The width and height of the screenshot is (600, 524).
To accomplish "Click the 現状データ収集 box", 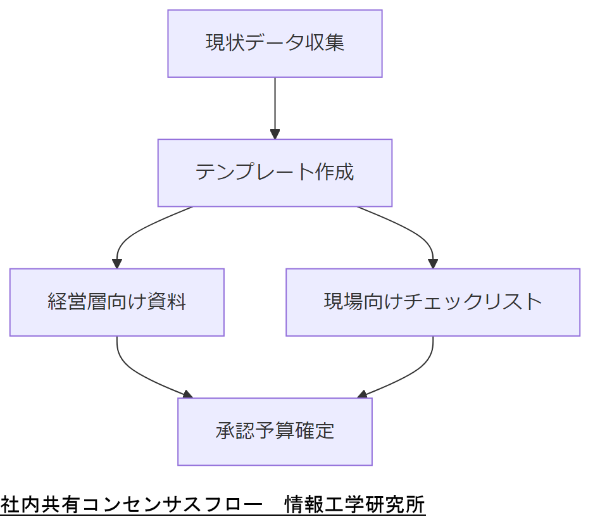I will (275, 44).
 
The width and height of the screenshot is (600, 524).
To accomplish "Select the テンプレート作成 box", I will (275, 173).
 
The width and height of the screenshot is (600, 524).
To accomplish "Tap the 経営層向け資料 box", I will (116, 302).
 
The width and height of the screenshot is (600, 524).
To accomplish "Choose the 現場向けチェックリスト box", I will (433, 302).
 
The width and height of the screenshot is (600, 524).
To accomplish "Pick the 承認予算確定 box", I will (275, 432).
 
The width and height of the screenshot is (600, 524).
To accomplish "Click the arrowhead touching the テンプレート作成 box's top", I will (275, 134).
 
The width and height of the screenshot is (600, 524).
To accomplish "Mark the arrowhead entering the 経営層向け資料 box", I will (116, 264).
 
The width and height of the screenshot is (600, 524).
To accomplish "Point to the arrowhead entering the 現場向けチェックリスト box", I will (433, 264).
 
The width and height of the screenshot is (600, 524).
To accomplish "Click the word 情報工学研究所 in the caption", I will (354, 506).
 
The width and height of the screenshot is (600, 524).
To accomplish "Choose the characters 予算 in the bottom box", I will (275, 432).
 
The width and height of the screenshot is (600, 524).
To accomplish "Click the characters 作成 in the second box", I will (334, 173).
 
